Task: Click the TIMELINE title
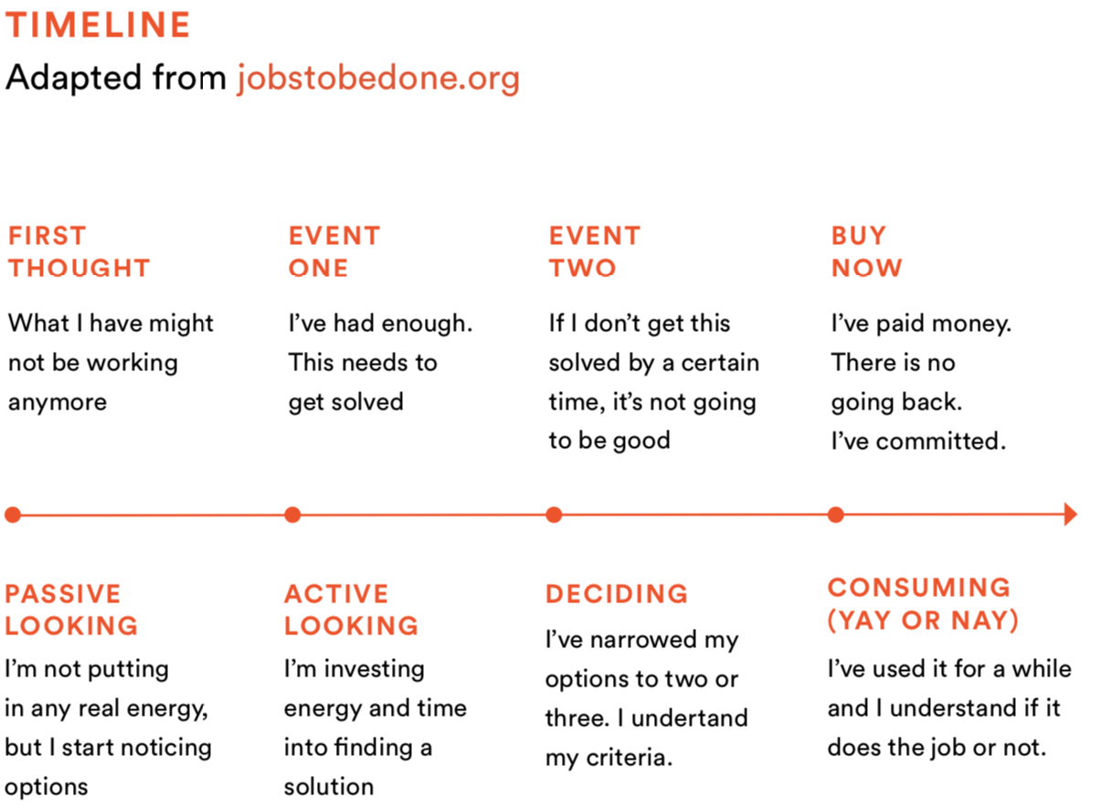[98, 25]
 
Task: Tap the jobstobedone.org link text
[378, 78]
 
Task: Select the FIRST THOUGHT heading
[79, 252]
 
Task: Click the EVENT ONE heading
[334, 252]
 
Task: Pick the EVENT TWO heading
[595, 252]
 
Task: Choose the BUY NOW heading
[867, 252]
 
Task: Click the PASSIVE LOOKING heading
[71, 610]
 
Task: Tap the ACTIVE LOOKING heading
[351, 610]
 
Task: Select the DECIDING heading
[617, 594]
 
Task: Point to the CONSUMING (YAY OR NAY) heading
[923, 604]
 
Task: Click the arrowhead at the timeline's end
[1071, 515]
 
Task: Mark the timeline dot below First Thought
[13, 515]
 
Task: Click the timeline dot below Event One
[292, 515]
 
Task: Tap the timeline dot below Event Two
[554, 515]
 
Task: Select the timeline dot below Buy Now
[835, 515]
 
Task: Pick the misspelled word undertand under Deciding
[690, 718]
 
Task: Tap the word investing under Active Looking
[375, 670]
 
